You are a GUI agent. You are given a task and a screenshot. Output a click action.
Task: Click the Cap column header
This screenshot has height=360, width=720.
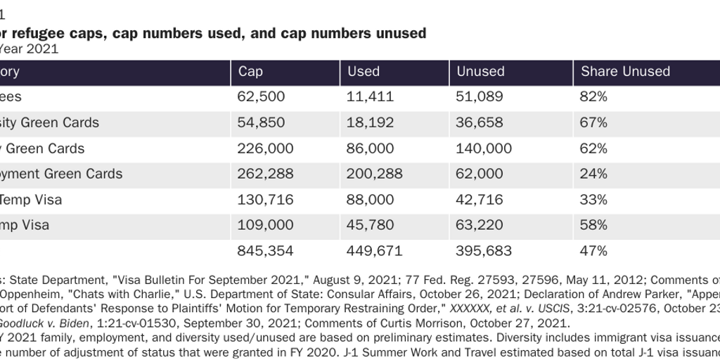[x=250, y=72]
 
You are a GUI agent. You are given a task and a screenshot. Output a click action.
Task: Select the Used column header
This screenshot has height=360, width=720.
[x=364, y=72]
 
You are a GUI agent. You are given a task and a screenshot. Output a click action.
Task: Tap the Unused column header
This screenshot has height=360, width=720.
[x=481, y=72]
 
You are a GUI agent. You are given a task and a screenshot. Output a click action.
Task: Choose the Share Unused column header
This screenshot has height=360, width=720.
[x=625, y=72]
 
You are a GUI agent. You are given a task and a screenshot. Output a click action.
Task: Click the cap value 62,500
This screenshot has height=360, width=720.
[x=262, y=97]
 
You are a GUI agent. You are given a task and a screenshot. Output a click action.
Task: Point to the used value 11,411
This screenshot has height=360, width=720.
[x=371, y=97]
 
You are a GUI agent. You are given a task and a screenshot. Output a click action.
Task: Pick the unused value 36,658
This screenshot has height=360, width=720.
[x=480, y=122]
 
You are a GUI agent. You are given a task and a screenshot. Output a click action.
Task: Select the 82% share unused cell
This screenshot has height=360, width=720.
[x=593, y=97]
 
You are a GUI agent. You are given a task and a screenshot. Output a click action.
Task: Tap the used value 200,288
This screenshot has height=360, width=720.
[x=376, y=174]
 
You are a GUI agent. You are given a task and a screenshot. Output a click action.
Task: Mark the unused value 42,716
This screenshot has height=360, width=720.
[x=480, y=200]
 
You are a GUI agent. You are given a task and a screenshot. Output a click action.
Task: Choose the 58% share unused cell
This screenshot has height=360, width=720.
[x=593, y=225]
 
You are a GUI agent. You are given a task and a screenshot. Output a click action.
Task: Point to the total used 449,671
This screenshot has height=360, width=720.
[x=376, y=251]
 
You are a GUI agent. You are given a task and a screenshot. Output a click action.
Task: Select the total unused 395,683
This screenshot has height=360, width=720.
[x=486, y=251]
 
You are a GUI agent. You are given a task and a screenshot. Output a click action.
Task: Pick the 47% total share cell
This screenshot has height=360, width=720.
[x=593, y=251]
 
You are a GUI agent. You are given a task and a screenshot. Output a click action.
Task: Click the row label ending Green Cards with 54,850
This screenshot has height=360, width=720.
[x=49, y=122]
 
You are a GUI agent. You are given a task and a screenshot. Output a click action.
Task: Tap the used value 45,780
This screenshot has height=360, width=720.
[x=371, y=225]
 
